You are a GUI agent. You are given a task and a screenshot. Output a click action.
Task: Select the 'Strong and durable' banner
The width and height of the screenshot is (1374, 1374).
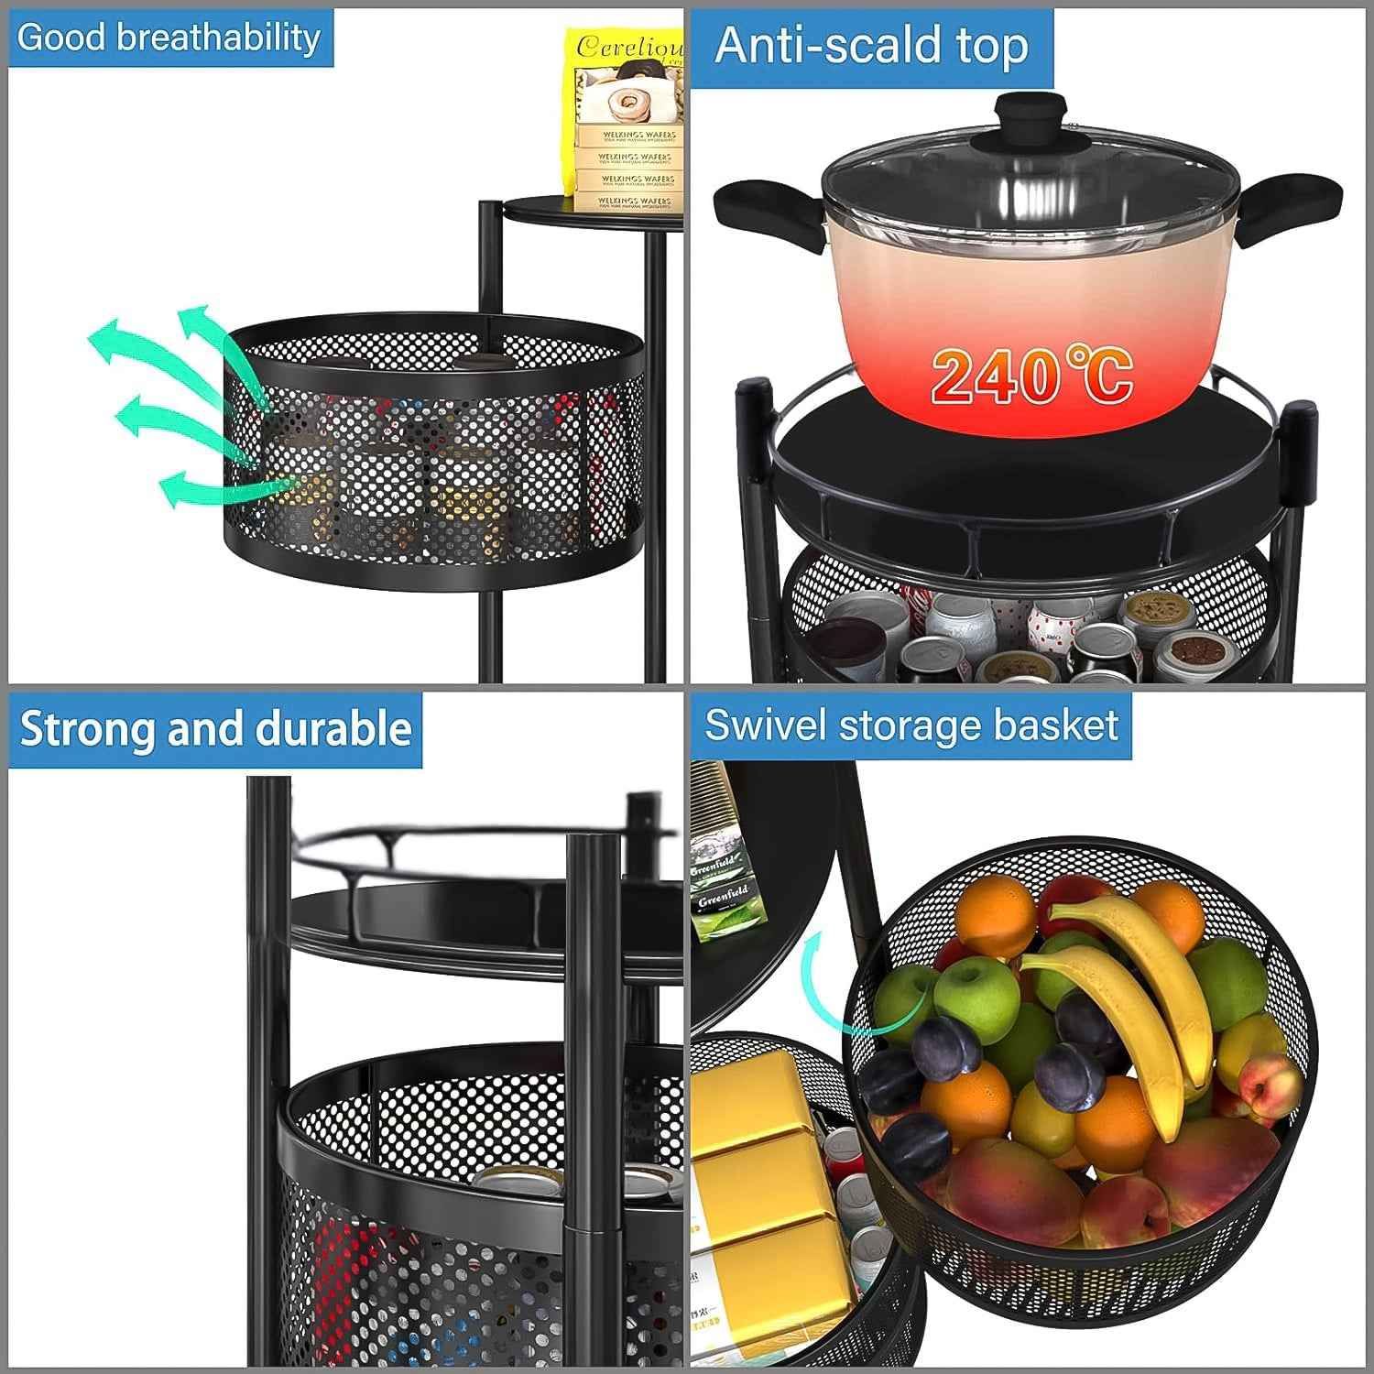tap(215, 729)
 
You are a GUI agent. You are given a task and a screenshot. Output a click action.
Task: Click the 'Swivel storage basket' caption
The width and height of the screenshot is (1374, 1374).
tap(911, 725)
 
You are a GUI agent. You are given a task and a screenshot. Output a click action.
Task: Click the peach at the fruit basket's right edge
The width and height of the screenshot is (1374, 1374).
tap(1269, 1090)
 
